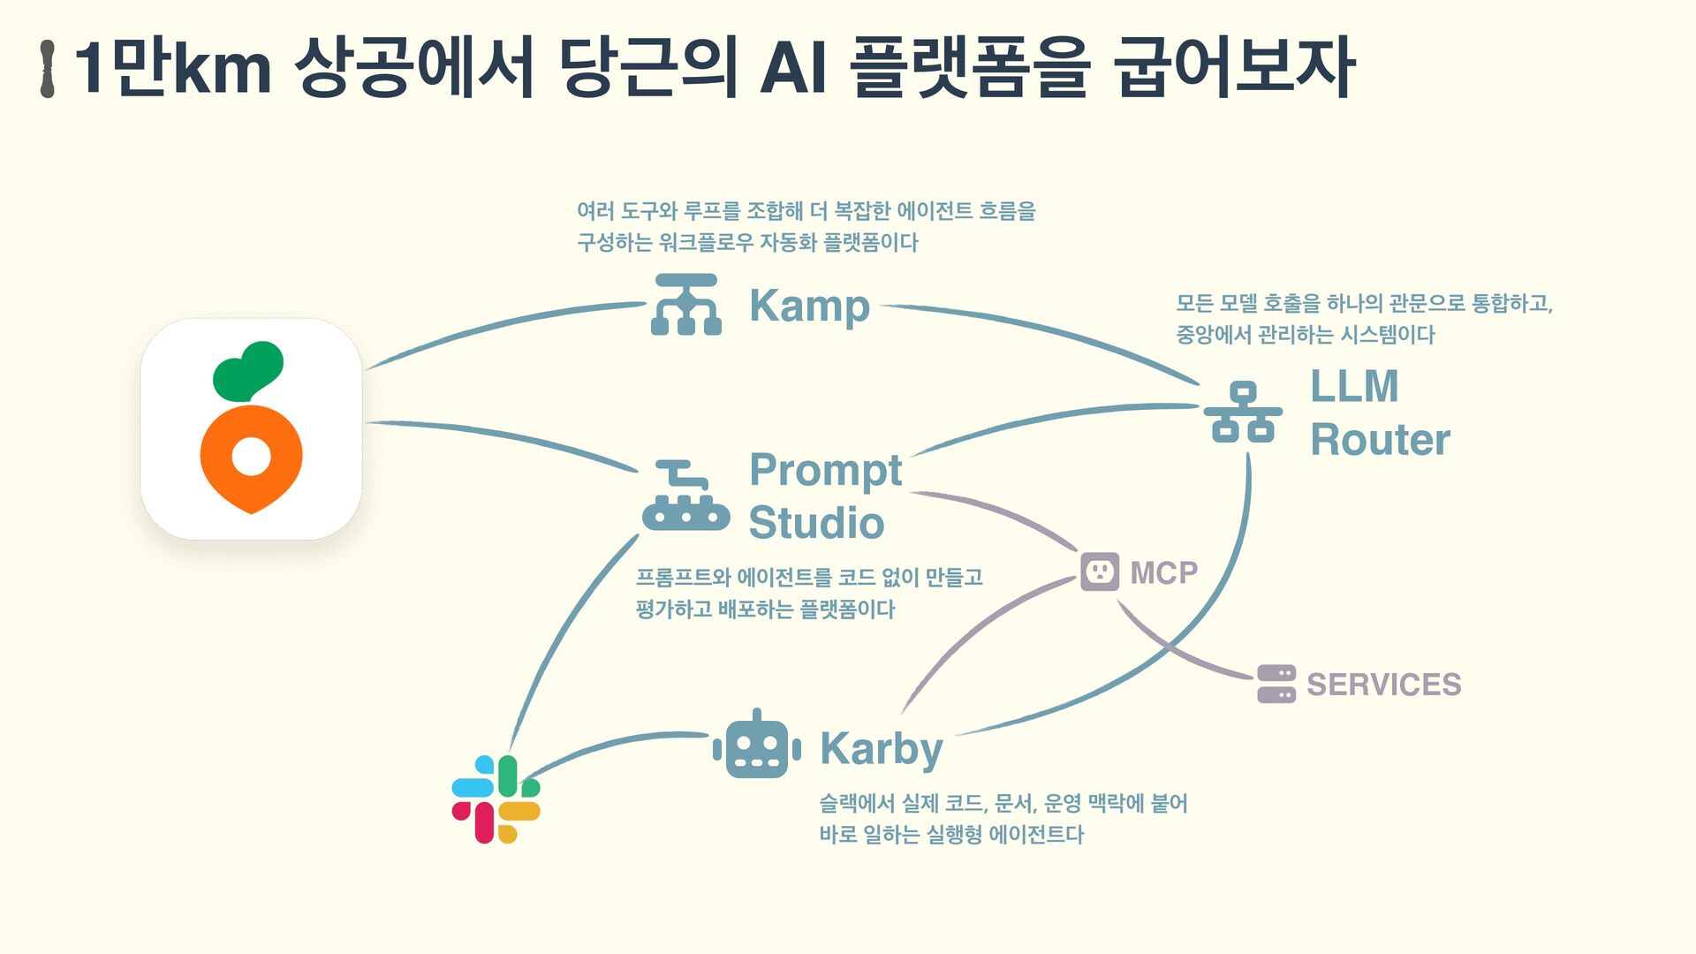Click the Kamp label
[x=809, y=306]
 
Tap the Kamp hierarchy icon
[x=686, y=305]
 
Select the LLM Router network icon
[x=1243, y=412]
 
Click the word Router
[x=1380, y=440]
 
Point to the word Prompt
[x=825, y=471]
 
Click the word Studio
[x=816, y=523]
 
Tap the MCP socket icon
[x=1100, y=572]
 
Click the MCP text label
[x=1163, y=573]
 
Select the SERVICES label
[x=1383, y=685]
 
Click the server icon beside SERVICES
[x=1276, y=685]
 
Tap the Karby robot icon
[x=757, y=746]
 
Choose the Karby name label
[x=881, y=749]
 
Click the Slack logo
[x=496, y=799]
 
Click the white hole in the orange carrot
[x=251, y=457]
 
